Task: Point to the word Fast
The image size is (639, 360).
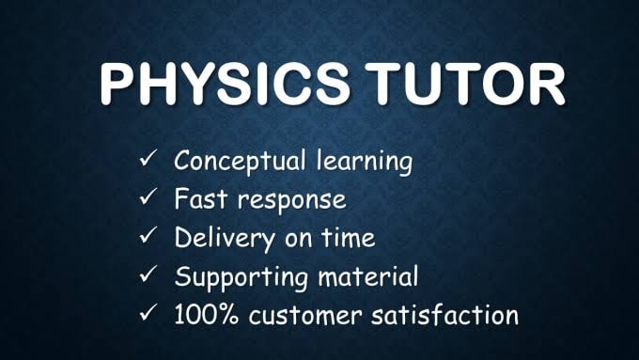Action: pyautogui.click(x=198, y=199)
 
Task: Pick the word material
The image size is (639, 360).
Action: pyautogui.click(x=371, y=277)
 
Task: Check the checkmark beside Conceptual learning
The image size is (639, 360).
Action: pyautogui.click(x=148, y=162)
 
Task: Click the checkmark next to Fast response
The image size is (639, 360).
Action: pyautogui.click(x=148, y=199)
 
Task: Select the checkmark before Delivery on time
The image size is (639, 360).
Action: pyautogui.click(x=148, y=238)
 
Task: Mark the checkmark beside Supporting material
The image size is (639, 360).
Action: pyautogui.click(x=148, y=276)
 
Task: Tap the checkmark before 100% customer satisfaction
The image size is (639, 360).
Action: pyautogui.click(x=148, y=315)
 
